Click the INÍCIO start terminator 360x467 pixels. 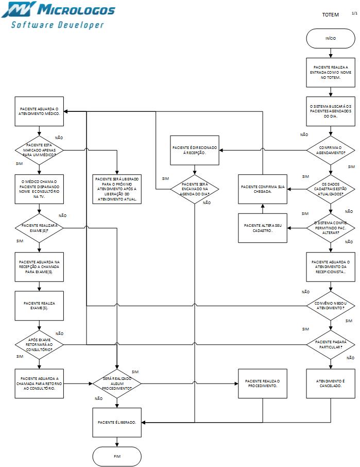[x=331, y=38]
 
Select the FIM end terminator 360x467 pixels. [x=117, y=456]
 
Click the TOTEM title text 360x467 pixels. [x=330, y=15]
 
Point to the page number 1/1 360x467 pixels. [x=354, y=12]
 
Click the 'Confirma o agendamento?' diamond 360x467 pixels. [x=331, y=150]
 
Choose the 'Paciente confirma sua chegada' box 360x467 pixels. [x=263, y=189]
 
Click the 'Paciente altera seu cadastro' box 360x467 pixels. [x=263, y=228]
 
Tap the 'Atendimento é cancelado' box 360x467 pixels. [x=331, y=383]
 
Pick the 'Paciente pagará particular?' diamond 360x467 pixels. [x=331, y=344]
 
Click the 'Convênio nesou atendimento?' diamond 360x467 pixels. [x=331, y=305]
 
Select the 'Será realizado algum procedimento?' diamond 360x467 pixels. [x=117, y=383]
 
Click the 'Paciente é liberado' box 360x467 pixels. [x=117, y=422]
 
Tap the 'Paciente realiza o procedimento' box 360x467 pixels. [x=263, y=383]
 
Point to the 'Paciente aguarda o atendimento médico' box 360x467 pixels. [x=39, y=111]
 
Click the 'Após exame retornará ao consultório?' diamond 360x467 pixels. [x=39, y=344]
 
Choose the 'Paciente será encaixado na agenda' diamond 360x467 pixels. [x=195, y=189]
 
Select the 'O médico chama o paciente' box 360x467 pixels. [x=39, y=189]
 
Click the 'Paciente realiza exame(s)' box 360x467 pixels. [x=39, y=305]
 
